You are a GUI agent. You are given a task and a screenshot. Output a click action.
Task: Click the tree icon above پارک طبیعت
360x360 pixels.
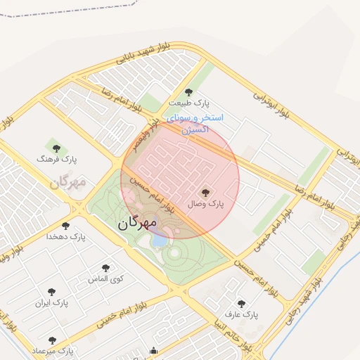188,91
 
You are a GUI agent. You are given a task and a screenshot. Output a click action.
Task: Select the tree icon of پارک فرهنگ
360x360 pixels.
57,148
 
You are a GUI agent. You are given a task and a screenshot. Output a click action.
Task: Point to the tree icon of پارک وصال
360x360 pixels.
205,191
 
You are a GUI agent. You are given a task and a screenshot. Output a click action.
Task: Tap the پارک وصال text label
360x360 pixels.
205,204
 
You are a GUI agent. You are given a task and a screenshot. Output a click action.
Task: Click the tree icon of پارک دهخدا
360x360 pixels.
65,226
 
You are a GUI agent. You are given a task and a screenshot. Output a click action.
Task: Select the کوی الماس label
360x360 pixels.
106,279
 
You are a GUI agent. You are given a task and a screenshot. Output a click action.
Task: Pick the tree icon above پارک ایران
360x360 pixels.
51,291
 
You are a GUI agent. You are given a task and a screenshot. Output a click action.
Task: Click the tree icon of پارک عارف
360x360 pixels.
242,304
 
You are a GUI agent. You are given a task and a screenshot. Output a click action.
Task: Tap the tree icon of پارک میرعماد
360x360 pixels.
52,340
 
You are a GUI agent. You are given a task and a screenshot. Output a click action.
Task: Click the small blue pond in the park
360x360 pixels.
160,240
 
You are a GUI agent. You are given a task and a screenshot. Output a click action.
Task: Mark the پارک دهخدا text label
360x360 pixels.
66,238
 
